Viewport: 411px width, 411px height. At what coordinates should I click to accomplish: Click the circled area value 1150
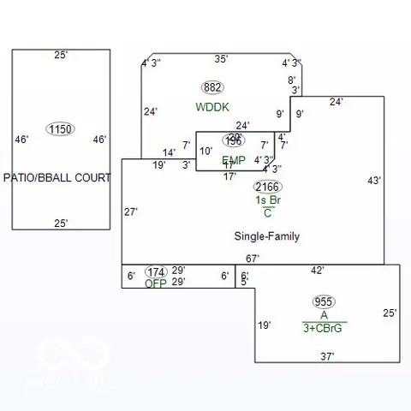click(x=60, y=129)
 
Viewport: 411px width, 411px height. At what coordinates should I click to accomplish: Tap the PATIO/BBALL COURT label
click(x=57, y=178)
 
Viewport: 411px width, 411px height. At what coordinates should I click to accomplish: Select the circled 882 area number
click(x=212, y=87)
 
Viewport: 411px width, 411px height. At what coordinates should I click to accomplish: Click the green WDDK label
click(x=213, y=107)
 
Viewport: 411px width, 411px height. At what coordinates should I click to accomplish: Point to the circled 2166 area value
click(x=267, y=187)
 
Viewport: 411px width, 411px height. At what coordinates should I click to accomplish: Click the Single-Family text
click(x=267, y=236)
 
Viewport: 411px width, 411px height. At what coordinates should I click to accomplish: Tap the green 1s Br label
click(x=268, y=200)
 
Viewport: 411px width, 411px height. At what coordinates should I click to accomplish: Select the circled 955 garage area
click(x=324, y=301)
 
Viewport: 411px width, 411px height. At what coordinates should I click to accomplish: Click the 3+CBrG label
click(x=325, y=327)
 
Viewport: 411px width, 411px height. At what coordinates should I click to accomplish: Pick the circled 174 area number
click(x=156, y=272)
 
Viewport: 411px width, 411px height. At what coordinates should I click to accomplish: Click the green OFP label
click(x=156, y=283)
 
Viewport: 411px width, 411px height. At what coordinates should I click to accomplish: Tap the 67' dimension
click(x=253, y=259)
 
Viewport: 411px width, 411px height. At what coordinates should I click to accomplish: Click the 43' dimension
click(x=374, y=181)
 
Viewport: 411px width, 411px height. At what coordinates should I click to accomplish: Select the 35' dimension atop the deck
click(x=221, y=59)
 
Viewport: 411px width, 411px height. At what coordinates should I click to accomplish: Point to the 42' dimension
click(x=317, y=271)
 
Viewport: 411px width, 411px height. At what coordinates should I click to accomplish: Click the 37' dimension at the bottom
click(x=327, y=355)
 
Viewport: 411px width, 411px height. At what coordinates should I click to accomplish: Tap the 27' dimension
click(x=131, y=211)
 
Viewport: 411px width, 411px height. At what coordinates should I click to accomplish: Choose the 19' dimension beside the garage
click(x=265, y=325)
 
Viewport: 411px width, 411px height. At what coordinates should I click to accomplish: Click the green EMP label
click(x=234, y=160)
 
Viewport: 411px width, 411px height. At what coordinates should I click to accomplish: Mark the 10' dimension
click(x=206, y=152)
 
